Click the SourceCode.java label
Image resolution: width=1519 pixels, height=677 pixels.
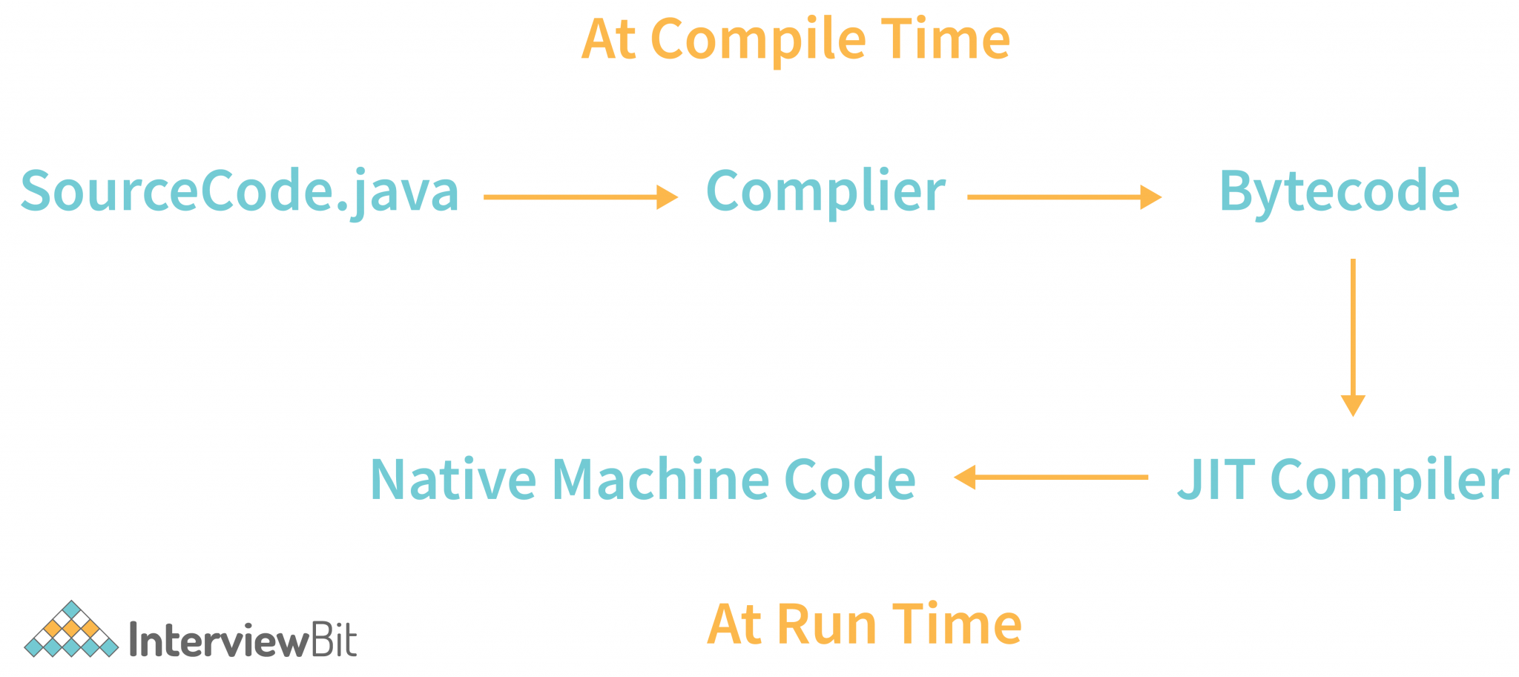click(x=239, y=191)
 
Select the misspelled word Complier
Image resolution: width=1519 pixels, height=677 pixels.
click(x=825, y=191)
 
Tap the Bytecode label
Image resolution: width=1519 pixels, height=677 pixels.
click(x=1339, y=191)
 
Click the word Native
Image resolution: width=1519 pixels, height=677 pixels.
click(x=452, y=479)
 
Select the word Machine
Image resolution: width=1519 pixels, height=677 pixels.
click(x=660, y=479)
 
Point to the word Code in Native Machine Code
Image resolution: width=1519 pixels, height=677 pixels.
click(x=849, y=479)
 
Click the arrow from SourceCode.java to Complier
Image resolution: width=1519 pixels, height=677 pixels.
click(x=580, y=197)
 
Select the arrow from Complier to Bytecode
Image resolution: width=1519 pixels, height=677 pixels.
click(x=1064, y=197)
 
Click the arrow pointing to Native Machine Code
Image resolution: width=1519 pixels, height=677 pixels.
click(x=1050, y=478)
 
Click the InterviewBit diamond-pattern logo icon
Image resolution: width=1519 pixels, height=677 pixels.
click(x=71, y=630)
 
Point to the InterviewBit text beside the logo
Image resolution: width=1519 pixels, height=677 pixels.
click(x=243, y=639)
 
